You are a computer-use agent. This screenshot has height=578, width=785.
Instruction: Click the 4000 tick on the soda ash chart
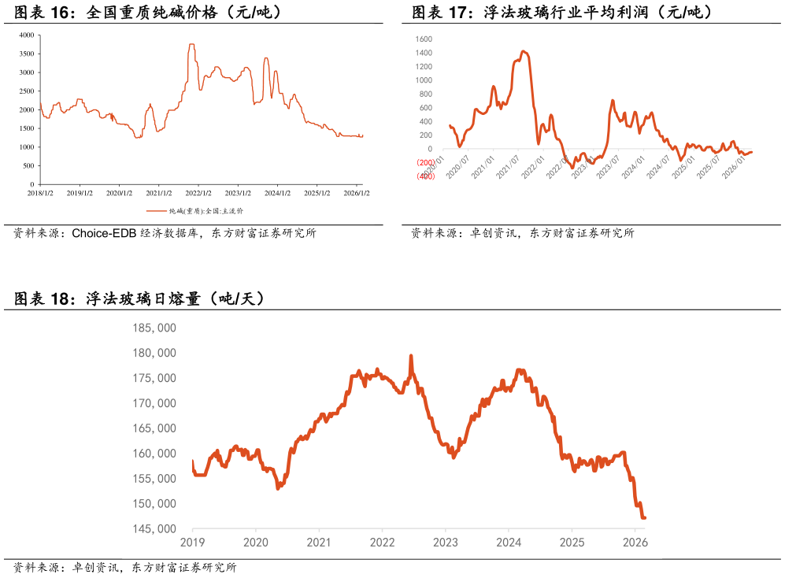click(x=27, y=35)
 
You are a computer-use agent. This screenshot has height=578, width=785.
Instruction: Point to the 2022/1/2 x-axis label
click(x=198, y=193)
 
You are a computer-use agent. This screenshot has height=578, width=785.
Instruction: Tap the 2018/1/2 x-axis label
click(x=40, y=193)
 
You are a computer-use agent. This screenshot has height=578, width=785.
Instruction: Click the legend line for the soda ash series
click(x=157, y=211)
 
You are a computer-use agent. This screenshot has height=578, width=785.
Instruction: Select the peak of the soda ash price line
click(x=191, y=45)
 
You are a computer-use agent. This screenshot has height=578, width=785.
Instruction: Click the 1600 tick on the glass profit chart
click(x=424, y=39)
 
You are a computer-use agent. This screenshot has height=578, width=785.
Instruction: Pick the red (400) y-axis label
click(x=425, y=176)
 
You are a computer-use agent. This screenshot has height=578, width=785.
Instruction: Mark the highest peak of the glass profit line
click(x=523, y=51)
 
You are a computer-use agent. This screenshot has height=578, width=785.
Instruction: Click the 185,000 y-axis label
click(x=154, y=328)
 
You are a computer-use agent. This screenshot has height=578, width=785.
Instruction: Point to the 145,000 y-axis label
click(x=154, y=529)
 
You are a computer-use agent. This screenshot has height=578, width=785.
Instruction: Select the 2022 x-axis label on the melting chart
click(x=382, y=543)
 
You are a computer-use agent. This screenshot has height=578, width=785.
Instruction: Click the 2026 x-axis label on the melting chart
click(x=635, y=543)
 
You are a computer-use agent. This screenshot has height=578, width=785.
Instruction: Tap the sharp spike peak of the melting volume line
click(x=411, y=356)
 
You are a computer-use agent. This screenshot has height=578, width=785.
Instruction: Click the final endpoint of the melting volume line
click(x=645, y=518)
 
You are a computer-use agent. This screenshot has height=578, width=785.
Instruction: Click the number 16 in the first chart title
click(x=60, y=13)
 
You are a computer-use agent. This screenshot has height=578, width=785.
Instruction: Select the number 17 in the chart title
click(x=457, y=13)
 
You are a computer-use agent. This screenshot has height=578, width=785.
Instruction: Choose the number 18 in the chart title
click(x=60, y=299)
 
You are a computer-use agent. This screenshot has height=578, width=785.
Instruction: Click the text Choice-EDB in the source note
click(x=104, y=233)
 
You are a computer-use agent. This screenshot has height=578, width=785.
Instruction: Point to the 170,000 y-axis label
click(x=154, y=403)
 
